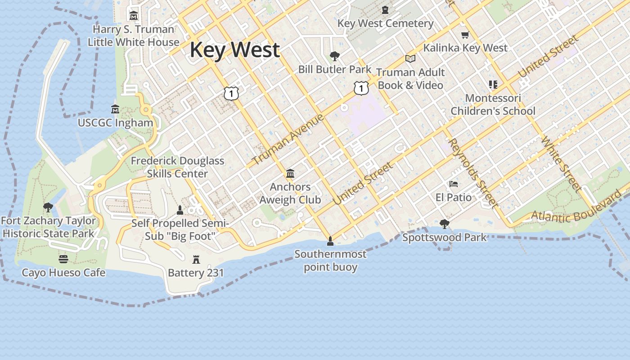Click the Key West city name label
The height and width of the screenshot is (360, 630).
[x=234, y=49]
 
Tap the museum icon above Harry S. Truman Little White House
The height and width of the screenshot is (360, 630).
[x=134, y=16]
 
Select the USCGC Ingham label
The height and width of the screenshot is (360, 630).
[x=115, y=122]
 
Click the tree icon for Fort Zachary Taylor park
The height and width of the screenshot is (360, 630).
[x=48, y=207]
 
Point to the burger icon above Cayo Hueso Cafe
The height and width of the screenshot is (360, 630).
[x=63, y=259]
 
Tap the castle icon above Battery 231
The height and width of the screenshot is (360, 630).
[x=196, y=259]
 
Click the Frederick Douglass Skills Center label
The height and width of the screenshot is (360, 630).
[x=177, y=167]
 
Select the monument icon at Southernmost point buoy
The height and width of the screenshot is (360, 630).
[x=330, y=241]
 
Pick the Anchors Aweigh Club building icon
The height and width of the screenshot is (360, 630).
[x=290, y=173]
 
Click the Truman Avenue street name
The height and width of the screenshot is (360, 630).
[x=288, y=139]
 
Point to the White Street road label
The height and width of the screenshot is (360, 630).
[x=562, y=164]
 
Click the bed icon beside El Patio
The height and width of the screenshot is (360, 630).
[x=454, y=184]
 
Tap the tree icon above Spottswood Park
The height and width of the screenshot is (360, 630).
[x=445, y=224]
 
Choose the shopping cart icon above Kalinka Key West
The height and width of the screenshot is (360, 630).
[x=465, y=35]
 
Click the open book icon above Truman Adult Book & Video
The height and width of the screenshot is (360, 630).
[x=410, y=58]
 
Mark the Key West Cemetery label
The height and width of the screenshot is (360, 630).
[x=385, y=23]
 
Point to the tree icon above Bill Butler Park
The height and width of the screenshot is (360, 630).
[x=334, y=56]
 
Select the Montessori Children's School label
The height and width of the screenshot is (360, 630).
[x=493, y=104]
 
